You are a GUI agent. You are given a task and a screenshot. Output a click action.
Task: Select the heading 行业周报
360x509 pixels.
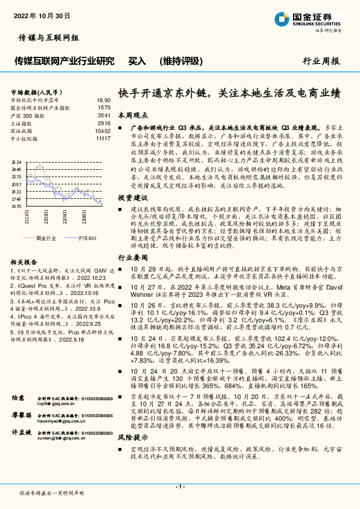(x=321, y=61)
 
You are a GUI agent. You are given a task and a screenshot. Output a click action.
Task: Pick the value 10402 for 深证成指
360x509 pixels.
(x=103, y=131)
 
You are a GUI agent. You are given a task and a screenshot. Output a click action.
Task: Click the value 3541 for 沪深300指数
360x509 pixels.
(x=103, y=115)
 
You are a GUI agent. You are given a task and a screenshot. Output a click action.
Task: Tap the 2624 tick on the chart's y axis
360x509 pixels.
(x=16, y=162)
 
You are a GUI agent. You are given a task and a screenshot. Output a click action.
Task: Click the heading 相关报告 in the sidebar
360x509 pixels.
(x=24, y=262)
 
